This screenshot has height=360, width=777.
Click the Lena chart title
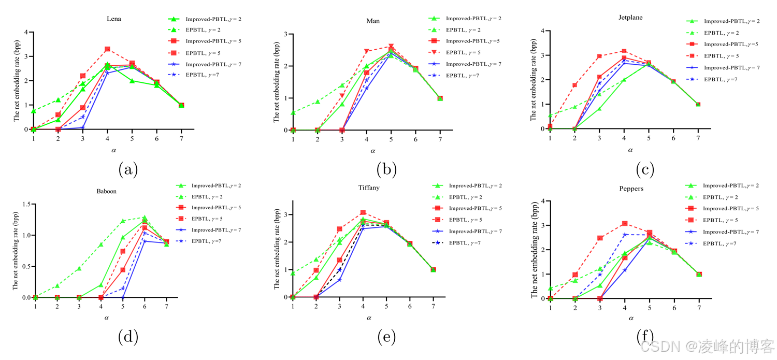point(114,19)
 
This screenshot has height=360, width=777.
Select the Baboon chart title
point(106,191)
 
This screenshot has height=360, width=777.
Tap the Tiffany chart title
point(369,188)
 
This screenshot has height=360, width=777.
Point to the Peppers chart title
point(631,189)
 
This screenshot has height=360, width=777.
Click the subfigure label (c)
point(645,169)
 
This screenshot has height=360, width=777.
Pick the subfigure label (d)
point(128,337)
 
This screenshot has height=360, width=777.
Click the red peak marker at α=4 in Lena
point(107,49)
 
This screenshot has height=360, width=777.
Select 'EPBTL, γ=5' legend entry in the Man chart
point(464,52)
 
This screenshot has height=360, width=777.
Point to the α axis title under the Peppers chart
point(631,318)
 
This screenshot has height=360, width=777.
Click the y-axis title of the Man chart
point(276,82)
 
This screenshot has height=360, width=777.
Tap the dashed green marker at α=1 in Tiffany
point(293,273)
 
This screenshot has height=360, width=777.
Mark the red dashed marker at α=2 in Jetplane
point(574,85)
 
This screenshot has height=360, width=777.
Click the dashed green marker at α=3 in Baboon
point(79,268)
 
